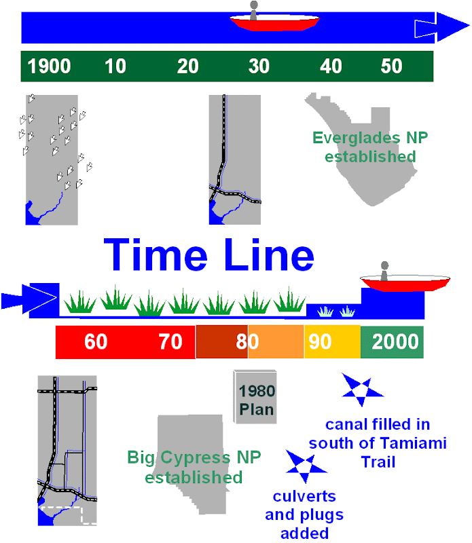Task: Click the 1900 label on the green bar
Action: tap(50, 67)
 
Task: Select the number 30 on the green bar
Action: tap(259, 67)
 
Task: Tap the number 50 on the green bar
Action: tap(391, 67)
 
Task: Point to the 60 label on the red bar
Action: tap(96, 341)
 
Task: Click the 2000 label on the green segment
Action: tap(395, 341)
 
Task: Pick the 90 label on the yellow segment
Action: tap(320, 341)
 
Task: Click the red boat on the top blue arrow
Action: tap(275, 22)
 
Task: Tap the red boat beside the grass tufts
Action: tap(405, 281)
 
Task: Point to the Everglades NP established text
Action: tap(370, 147)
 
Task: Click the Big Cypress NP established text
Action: tap(194, 467)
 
